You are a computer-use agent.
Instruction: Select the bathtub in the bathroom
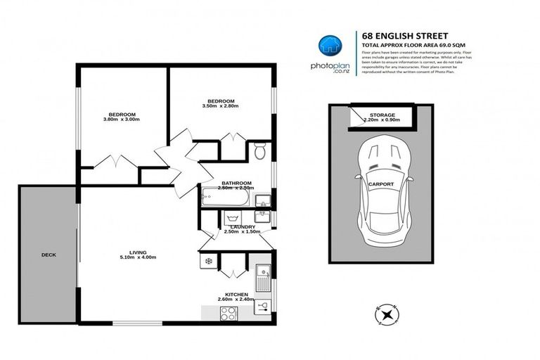(223, 196)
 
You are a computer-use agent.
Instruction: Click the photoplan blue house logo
(329, 45)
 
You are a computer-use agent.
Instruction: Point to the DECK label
(49, 255)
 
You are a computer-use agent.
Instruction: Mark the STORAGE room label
(382, 115)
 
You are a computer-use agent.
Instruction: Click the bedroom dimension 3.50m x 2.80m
(220, 106)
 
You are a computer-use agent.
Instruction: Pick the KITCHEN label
(236, 294)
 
